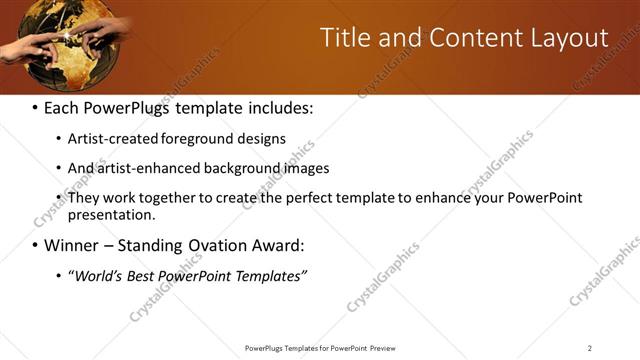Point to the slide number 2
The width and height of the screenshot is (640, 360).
click(589, 348)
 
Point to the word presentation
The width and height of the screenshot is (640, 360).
click(109, 214)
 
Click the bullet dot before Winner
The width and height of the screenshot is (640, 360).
click(35, 245)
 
